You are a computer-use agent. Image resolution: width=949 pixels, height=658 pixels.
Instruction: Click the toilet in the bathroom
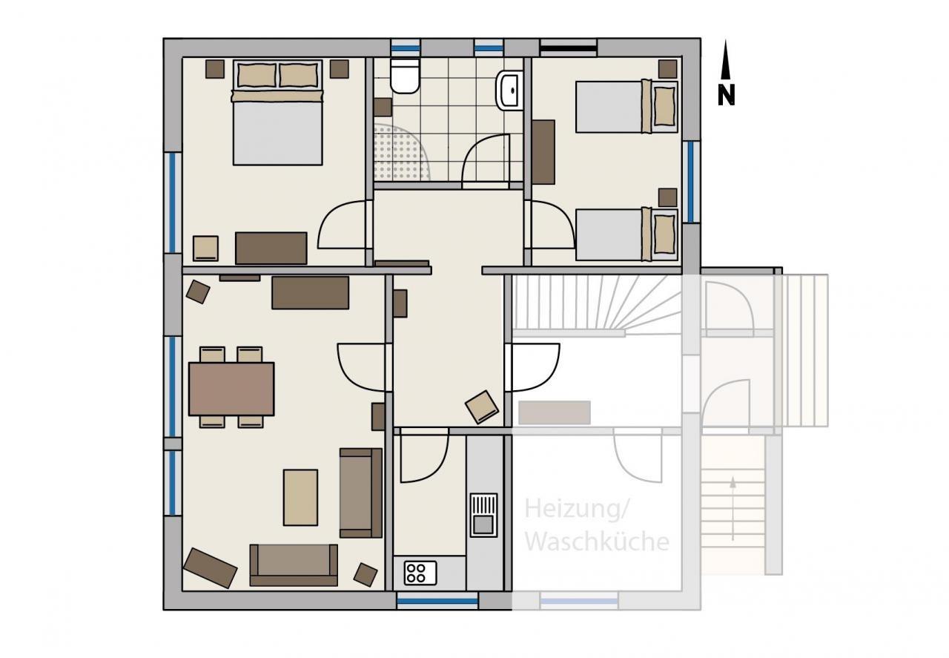pyautogui.click(x=405, y=76)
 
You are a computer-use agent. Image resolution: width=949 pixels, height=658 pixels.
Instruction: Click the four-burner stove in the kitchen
pyautogui.click(x=420, y=573)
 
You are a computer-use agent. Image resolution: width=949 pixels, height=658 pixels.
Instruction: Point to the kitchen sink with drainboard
pyautogui.click(x=483, y=515)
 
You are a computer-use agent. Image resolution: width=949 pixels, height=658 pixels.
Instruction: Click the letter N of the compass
pyautogui.click(x=726, y=96)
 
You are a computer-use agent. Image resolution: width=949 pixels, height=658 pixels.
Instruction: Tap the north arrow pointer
pyautogui.click(x=726, y=59)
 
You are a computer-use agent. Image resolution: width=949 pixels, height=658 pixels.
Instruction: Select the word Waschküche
pyautogui.click(x=597, y=542)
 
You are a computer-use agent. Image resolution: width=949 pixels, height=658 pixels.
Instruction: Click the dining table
pyautogui.click(x=231, y=389)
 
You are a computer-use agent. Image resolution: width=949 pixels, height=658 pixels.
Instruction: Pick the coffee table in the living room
pyautogui.click(x=300, y=497)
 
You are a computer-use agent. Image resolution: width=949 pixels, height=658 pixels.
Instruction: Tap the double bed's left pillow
pyautogui.click(x=257, y=75)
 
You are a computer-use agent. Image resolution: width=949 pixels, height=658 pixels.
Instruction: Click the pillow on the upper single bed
pyautogui.click(x=664, y=106)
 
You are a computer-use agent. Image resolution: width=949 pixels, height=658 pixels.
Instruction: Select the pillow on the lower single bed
pyautogui.click(x=664, y=234)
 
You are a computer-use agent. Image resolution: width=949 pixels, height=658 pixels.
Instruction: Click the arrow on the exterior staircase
pyautogui.click(x=733, y=508)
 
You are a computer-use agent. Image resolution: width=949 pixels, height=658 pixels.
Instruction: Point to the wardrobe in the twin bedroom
pyautogui.click(x=543, y=152)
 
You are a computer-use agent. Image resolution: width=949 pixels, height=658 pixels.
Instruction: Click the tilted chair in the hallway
pyautogui.click(x=482, y=407)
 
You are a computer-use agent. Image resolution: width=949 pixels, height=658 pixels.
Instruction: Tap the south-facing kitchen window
pyautogui.click(x=437, y=601)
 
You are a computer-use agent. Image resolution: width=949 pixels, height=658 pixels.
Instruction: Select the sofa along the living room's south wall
pyautogui.click(x=294, y=565)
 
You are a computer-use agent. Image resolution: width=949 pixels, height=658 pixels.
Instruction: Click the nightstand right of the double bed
pyautogui.click(x=340, y=69)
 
